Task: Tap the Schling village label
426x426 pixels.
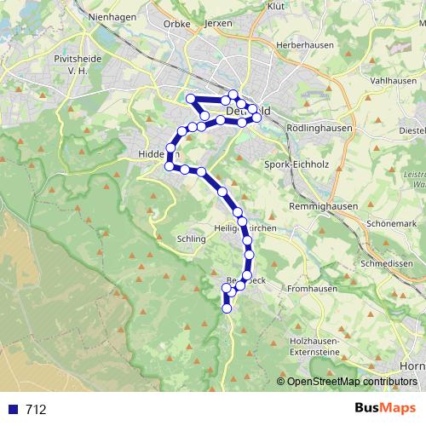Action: tap(193, 239)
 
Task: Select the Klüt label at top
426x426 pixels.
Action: tap(276, 5)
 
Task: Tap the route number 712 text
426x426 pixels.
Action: tap(35, 410)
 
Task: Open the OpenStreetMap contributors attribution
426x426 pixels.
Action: tap(351, 382)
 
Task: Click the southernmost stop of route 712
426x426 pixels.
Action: tap(227, 308)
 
